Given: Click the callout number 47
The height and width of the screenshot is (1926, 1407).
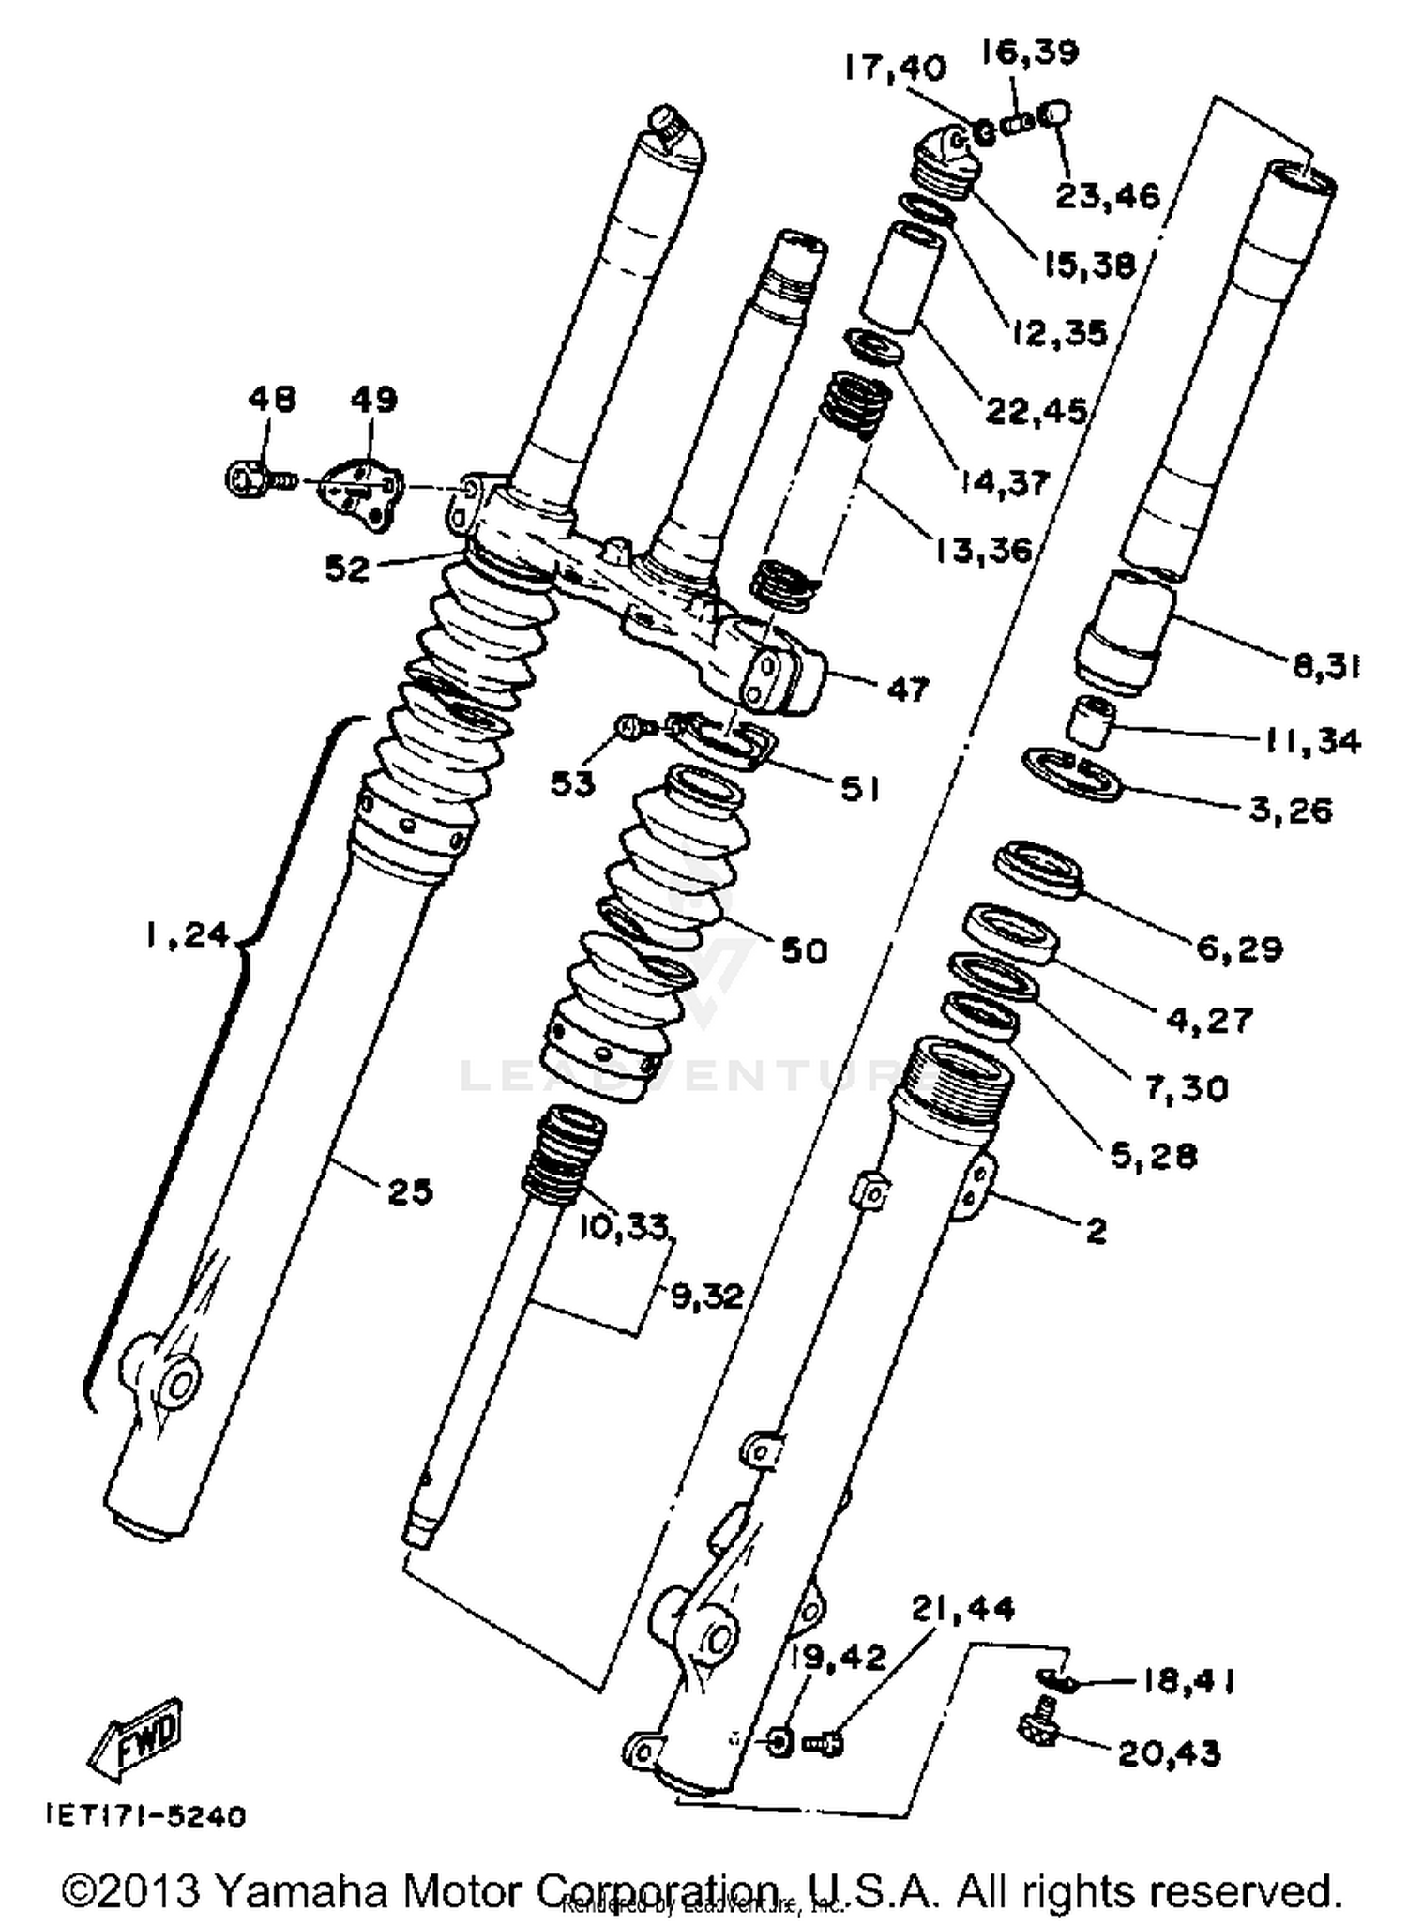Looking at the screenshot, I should pyautogui.click(x=905, y=689).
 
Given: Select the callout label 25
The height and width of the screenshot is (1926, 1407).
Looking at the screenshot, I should pyautogui.click(x=410, y=1192).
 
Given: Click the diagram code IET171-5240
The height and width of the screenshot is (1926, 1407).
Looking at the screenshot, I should pyautogui.click(x=146, y=1816).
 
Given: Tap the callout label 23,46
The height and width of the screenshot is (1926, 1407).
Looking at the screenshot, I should pyautogui.click(x=1108, y=196).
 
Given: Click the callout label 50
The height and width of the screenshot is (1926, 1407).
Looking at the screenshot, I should pyautogui.click(x=804, y=951).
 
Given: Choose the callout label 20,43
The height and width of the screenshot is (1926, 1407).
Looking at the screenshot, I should pyautogui.click(x=1169, y=1752).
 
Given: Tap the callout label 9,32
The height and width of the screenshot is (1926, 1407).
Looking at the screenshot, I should pyautogui.click(x=706, y=1297).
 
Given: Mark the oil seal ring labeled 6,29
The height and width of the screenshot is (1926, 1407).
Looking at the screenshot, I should pyautogui.click(x=1037, y=869).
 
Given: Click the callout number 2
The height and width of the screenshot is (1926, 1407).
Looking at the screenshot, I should pyautogui.click(x=1096, y=1230).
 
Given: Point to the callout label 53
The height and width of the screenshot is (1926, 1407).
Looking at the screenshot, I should pyautogui.click(x=572, y=784).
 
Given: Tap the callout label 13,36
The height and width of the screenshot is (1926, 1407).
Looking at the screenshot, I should pyautogui.click(x=981, y=549).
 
